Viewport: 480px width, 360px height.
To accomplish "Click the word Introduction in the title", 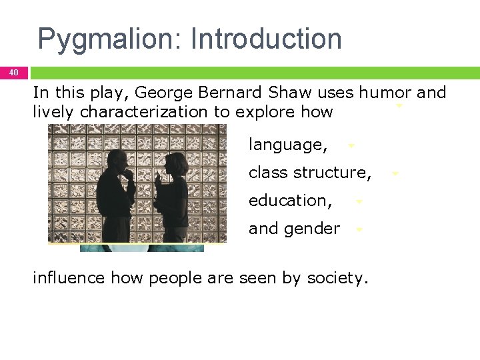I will coord(266,39).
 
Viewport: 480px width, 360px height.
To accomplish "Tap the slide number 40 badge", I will coord(14,72).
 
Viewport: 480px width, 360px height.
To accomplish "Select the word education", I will coord(290,201).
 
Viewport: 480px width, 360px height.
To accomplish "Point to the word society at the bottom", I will coord(337,278).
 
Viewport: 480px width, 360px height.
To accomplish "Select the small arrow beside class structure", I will coord(395,173).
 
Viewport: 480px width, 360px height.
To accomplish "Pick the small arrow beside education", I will coord(358,201).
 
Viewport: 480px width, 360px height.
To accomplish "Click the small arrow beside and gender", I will coord(359,229).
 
